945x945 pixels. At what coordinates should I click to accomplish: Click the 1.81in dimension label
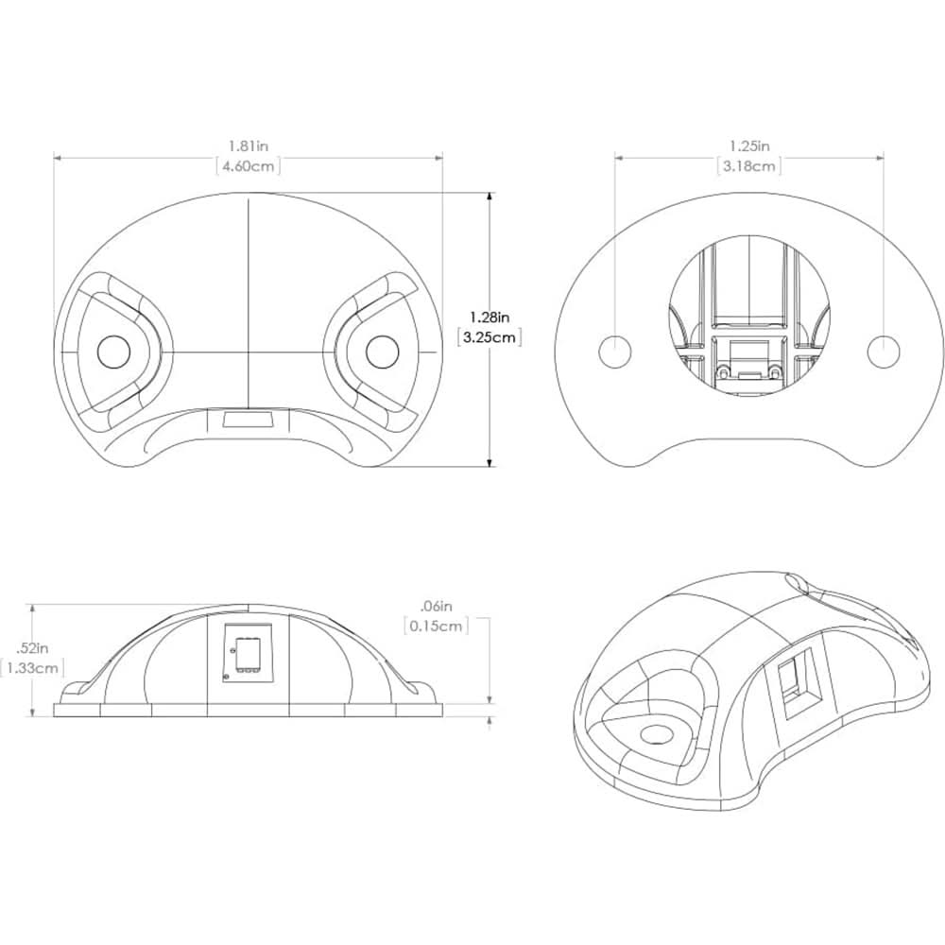249,146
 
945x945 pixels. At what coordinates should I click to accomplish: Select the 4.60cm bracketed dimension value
249,166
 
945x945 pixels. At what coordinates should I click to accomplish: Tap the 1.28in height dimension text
490,317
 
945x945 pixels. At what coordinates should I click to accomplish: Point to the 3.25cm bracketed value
490,337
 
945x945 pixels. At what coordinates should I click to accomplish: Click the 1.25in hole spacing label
749,146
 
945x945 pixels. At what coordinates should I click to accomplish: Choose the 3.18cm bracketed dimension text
749,166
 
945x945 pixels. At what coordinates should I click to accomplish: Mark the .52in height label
32,648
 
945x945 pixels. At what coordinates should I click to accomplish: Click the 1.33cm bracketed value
32,668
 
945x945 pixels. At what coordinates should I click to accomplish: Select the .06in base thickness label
437,606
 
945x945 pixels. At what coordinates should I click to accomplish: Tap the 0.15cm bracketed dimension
437,626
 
